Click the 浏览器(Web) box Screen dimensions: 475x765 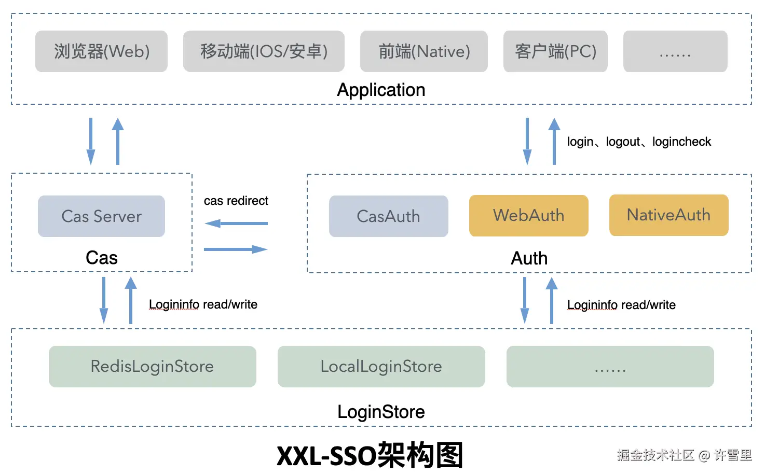pyautogui.click(x=101, y=51)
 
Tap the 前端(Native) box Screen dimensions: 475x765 pyautogui.click(x=424, y=51)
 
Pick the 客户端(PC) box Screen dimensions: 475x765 pyautogui.click(x=555, y=51)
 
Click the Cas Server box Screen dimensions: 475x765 pyautogui.click(x=101, y=216)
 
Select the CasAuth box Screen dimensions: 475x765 pyautogui.click(x=388, y=216)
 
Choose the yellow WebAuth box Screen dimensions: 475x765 pyautogui.click(x=528, y=216)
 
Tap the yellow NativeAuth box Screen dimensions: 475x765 pyautogui.click(x=668, y=215)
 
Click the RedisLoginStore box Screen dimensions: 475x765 pyautogui.click(x=152, y=367)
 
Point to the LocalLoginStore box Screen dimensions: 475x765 pyautogui.click(x=381, y=367)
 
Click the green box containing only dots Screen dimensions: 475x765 pyautogui.click(x=610, y=367)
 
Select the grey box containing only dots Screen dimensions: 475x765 pyautogui.click(x=675, y=51)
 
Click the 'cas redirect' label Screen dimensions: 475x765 pyautogui.click(x=236, y=201)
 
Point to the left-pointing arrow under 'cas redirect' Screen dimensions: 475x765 pyautogui.click(x=236, y=223)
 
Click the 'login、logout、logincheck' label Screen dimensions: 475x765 pyautogui.click(x=639, y=142)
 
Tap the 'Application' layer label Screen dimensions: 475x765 pyautogui.click(x=381, y=90)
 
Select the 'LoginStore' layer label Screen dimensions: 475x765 pyautogui.click(x=381, y=412)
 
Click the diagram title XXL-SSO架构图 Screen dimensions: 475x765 pyautogui.click(x=370, y=455)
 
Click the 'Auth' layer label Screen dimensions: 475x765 pyautogui.click(x=529, y=258)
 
